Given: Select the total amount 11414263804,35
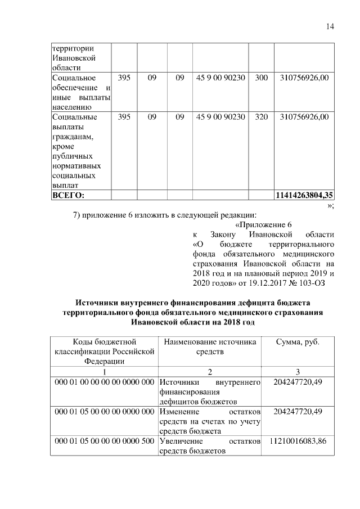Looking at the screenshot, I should [304, 195].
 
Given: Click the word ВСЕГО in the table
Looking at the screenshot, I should [67, 195].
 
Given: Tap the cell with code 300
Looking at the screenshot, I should [261, 78].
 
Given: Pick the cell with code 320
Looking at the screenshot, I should [261, 117].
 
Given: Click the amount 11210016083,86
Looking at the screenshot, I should [298, 440].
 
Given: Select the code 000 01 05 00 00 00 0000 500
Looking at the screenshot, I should [104, 440].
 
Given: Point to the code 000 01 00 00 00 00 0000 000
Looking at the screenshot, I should [104, 382].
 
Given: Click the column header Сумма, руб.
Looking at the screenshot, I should [298, 342].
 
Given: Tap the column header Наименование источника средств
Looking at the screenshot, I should [210, 347].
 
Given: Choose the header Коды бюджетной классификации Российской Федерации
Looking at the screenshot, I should [104, 352].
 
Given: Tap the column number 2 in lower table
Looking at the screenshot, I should [210, 372].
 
